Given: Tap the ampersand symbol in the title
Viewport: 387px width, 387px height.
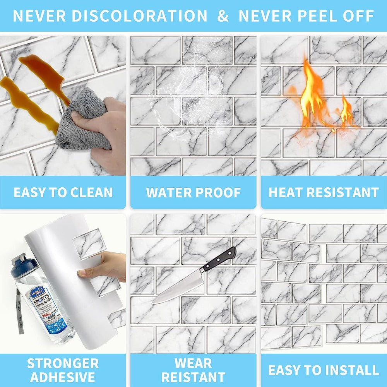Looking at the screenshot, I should point(223,16).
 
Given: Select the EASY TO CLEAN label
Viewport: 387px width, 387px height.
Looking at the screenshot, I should point(63,192).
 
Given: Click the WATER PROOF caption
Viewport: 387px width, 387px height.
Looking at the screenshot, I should point(193,192).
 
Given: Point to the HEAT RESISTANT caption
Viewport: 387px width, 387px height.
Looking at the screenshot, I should point(324,192).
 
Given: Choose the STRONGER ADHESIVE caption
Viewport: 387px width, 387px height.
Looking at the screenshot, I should point(63,370).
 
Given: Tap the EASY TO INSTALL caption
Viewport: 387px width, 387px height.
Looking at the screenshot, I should point(324,370).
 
